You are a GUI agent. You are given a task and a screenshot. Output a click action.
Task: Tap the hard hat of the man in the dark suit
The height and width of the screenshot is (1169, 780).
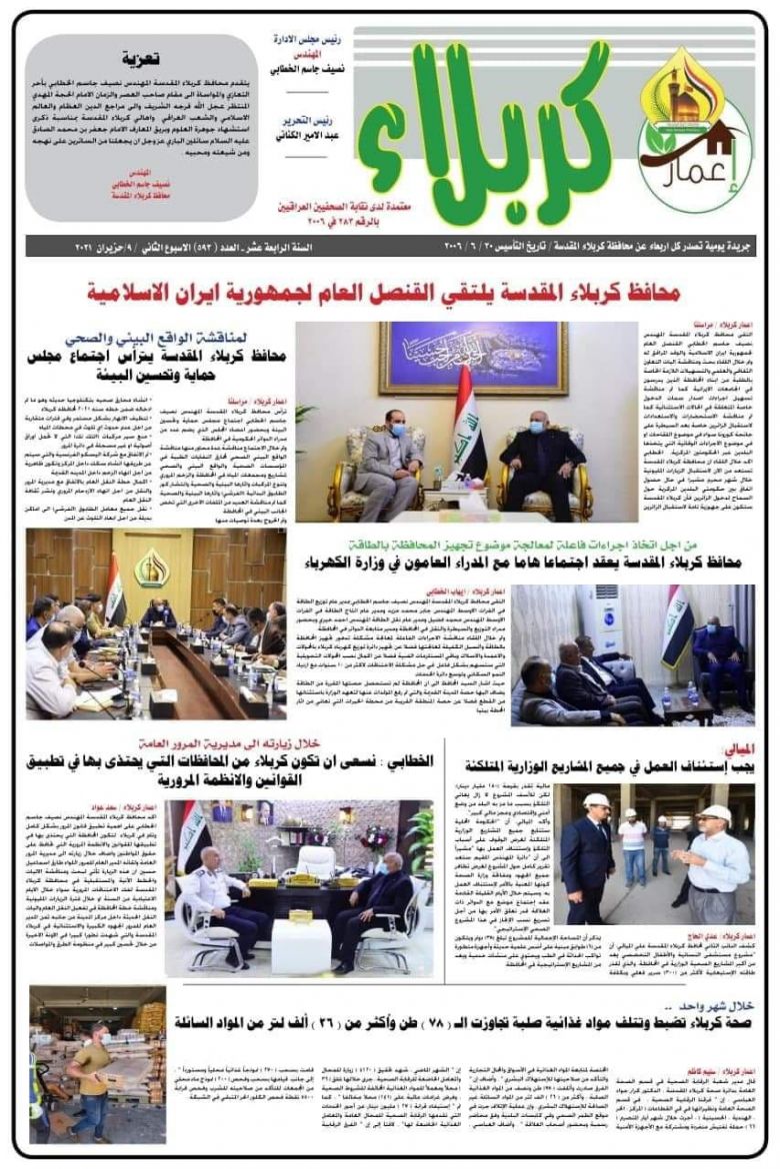coord(597,800)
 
